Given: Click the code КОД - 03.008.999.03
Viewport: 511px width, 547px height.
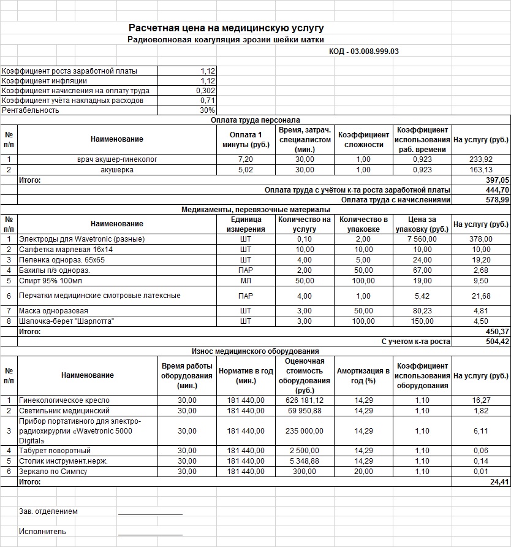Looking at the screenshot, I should [364, 52].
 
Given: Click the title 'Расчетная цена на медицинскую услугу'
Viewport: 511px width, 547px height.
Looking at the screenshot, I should [226, 28].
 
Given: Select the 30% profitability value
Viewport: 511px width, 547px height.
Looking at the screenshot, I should [207, 110].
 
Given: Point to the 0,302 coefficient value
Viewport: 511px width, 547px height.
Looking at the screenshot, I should [206, 91].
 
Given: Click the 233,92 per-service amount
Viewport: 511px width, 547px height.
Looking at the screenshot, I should [480, 159].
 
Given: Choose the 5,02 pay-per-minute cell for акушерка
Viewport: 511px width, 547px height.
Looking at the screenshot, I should [245, 170].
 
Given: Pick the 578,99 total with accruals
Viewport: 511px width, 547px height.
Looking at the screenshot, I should [480, 200].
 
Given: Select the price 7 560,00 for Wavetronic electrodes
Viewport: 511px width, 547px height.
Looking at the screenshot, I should [422, 239].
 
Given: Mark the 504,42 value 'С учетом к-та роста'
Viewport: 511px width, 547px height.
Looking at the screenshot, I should [480, 342].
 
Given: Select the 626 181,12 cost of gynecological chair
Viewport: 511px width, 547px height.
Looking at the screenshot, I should [305, 400].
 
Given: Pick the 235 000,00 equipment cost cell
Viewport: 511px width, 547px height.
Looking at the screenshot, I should [305, 431].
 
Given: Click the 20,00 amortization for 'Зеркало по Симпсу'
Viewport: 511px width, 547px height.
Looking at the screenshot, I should [363, 472].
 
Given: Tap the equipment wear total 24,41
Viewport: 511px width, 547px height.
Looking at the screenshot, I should [480, 482].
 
